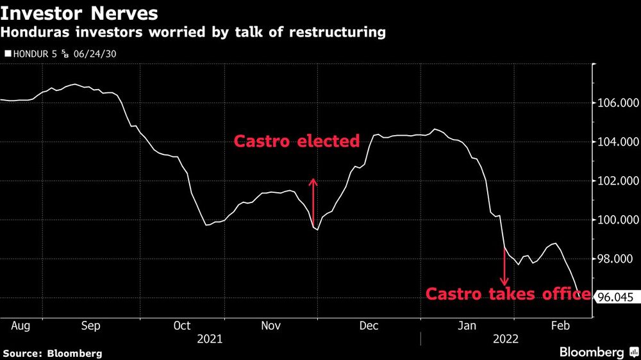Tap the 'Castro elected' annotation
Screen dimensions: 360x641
[x=296, y=141]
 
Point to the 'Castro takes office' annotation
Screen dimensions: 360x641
[x=508, y=294]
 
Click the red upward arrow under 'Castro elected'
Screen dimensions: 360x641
[x=313, y=201]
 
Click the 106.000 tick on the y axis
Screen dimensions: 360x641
[x=615, y=103]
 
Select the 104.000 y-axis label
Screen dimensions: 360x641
[x=615, y=142]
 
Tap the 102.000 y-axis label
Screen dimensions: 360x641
[x=615, y=181]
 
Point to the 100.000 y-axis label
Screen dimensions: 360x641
[x=615, y=220]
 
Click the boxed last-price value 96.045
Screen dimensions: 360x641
[x=613, y=297]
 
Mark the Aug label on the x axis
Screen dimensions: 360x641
[x=21, y=325]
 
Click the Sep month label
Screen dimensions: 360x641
[x=90, y=325]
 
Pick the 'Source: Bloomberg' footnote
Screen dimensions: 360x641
[x=53, y=353]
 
